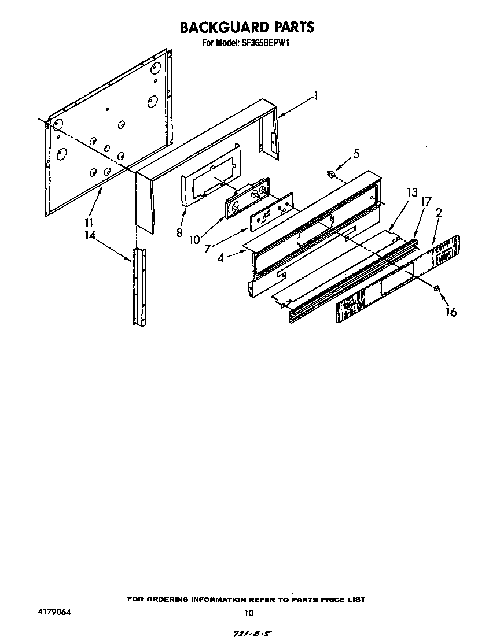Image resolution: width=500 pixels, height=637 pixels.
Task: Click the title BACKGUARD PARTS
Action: [x=247, y=27]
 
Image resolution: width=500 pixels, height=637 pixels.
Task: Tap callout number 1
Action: [x=315, y=97]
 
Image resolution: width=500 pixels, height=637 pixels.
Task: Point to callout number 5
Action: [x=356, y=154]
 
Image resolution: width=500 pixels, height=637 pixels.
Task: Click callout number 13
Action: [x=411, y=193]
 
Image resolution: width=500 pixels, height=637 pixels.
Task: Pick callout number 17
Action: [x=425, y=203]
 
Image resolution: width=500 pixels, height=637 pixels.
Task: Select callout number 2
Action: [x=439, y=213]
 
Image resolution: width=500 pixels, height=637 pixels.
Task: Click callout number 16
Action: [x=450, y=312]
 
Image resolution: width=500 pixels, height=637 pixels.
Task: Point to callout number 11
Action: [x=89, y=223]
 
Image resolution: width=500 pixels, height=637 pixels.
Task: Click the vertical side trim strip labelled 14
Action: [x=139, y=286]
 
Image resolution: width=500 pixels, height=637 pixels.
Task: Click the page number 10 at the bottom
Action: [x=249, y=613]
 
